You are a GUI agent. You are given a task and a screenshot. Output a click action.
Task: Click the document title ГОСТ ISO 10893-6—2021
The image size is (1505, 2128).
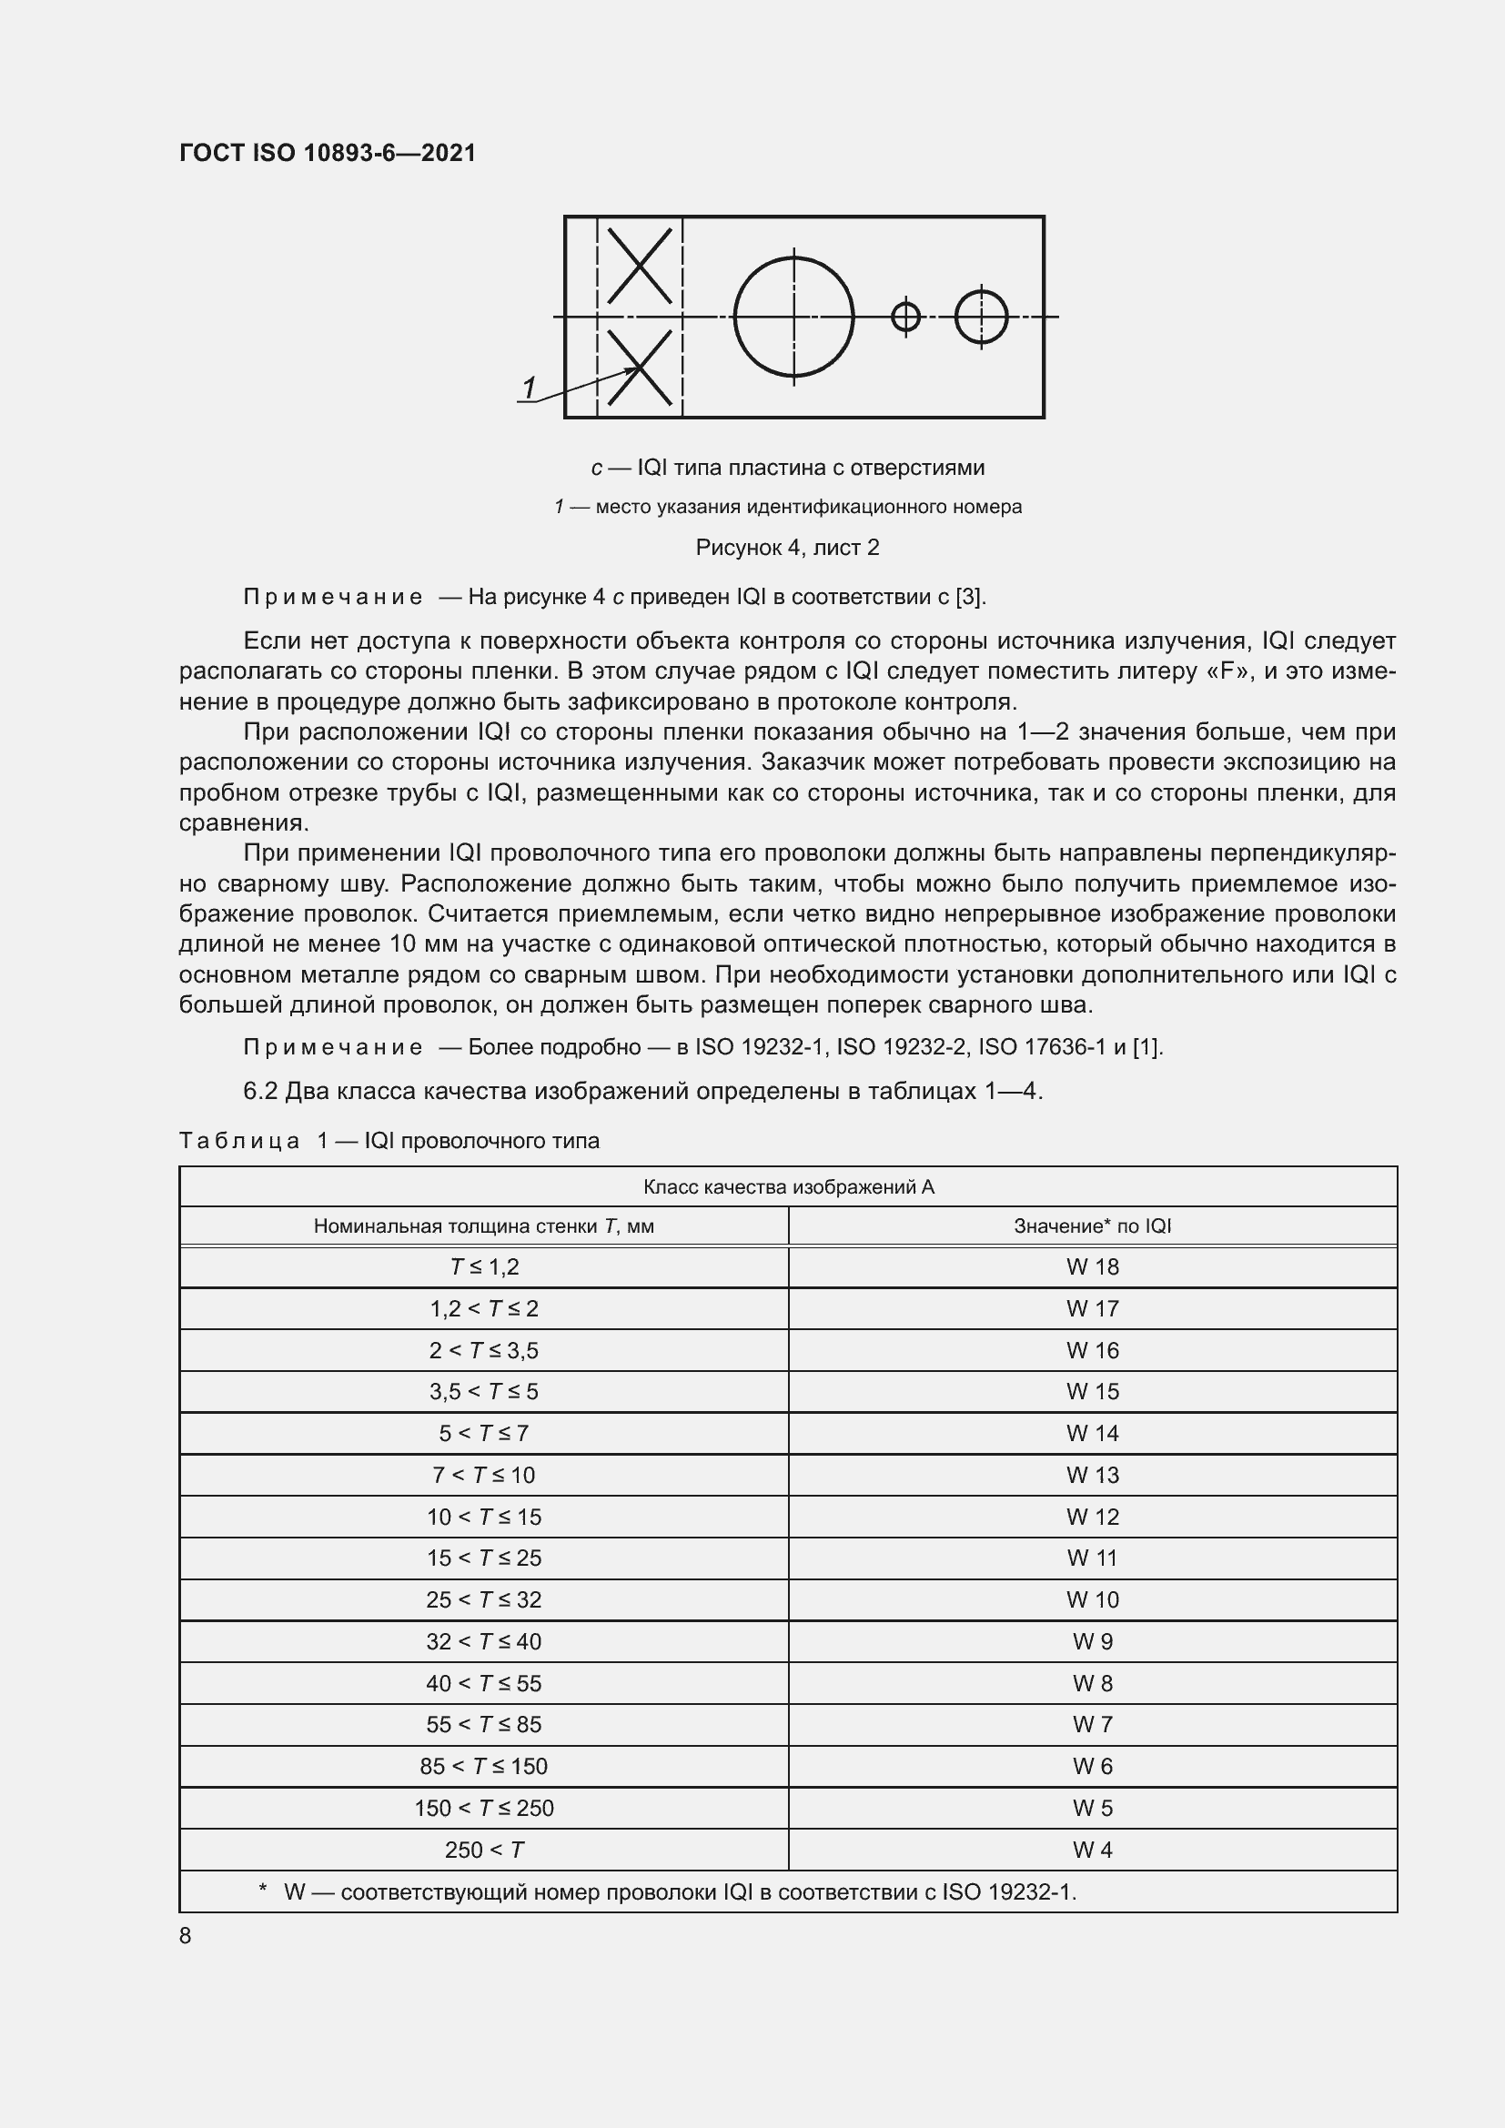coord(328,153)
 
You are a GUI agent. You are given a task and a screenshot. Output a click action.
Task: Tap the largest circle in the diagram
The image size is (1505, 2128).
coord(793,317)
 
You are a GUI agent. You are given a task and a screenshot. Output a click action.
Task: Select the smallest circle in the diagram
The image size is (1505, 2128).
coord(905,317)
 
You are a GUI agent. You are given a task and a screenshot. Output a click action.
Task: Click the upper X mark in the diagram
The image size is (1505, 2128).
coord(640,266)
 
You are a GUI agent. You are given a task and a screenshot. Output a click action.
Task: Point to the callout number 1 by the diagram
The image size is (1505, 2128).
coord(530,388)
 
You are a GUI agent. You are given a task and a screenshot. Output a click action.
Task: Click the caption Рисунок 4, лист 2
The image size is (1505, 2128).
coord(787,548)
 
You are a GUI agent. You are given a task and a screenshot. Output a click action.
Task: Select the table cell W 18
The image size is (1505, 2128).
coord(1092,1267)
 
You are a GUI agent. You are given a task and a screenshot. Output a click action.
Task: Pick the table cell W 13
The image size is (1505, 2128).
coord(1092,1476)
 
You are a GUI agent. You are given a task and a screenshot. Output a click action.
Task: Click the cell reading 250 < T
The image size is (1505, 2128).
coord(484,1851)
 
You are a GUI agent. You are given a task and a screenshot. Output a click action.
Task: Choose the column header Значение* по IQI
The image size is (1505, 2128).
coord(1092,1226)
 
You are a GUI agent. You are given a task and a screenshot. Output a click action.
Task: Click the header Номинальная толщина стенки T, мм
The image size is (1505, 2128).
coord(484,1226)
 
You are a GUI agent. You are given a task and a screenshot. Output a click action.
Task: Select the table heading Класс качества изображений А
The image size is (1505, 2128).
coord(788,1187)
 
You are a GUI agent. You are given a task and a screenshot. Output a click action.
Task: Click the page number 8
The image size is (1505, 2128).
coord(186,1936)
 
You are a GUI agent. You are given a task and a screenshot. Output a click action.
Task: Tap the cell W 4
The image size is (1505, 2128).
coord(1092,1851)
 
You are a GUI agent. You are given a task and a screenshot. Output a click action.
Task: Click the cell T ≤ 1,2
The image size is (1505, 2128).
coord(484,1267)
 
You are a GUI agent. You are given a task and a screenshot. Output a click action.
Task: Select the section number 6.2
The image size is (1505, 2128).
coord(260,1092)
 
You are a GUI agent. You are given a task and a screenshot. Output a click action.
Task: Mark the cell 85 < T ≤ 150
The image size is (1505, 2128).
coord(484,1768)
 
